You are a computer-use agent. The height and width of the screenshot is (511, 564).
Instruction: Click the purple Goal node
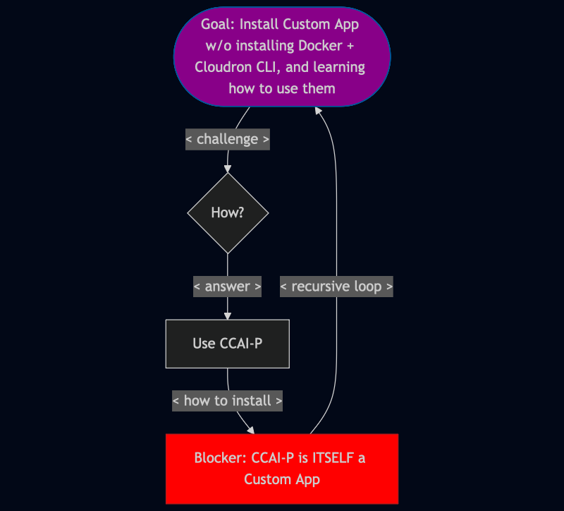pos(281,56)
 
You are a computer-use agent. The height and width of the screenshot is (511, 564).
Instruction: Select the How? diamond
pos(228,212)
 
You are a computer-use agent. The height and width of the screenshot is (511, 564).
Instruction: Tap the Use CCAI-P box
pos(228,344)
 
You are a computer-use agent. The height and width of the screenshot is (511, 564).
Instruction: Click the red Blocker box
pos(282,469)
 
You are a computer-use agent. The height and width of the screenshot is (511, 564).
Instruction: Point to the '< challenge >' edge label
pos(227,139)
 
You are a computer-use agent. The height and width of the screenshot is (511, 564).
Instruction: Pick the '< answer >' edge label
pos(227,287)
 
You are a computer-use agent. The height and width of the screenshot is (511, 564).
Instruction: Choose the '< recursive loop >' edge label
pos(336,287)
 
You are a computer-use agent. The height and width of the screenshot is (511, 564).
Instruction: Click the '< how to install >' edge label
pos(227,401)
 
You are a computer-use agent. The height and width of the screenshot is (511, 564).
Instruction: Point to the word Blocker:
pos(221,457)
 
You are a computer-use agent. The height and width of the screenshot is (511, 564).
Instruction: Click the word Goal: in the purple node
pos(218,25)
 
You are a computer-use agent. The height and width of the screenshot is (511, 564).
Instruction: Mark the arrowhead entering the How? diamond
pos(228,169)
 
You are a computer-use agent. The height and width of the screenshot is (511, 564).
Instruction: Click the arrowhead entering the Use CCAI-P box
pos(228,315)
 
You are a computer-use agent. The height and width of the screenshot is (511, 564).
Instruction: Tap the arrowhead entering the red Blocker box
pos(250,429)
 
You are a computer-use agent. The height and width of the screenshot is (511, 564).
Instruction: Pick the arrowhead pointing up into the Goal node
pos(319,111)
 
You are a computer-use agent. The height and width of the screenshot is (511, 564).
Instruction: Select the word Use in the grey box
pos(204,344)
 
